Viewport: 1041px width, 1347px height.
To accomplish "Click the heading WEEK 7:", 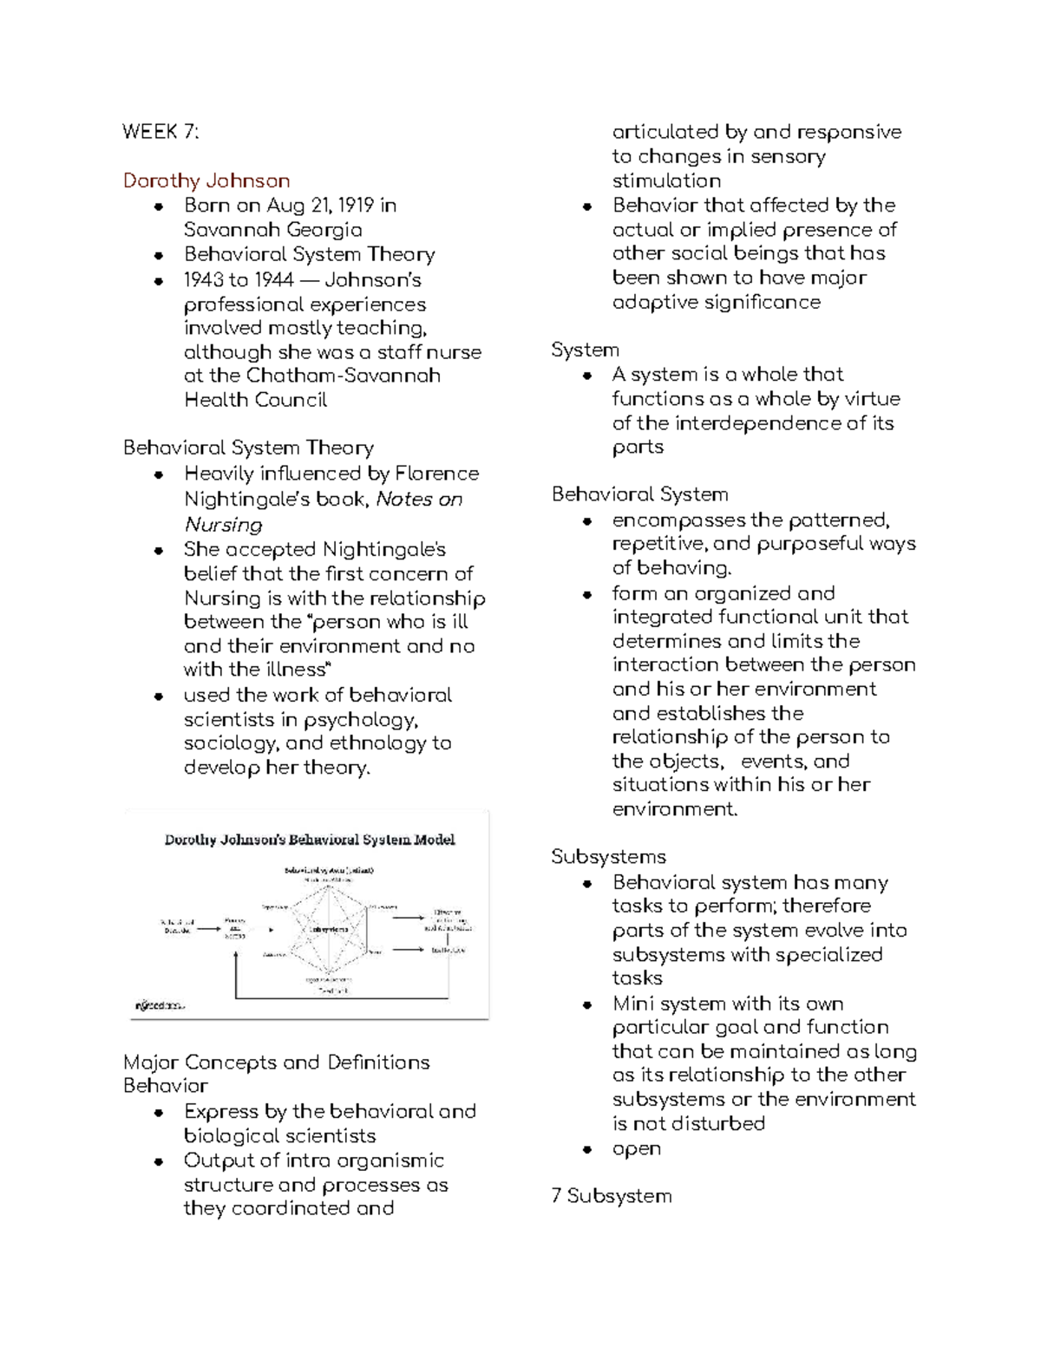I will [x=160, y=132].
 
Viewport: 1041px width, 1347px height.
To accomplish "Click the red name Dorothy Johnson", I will [x=206, y=180].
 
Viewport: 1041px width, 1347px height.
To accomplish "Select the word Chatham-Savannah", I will [x=343, y=376].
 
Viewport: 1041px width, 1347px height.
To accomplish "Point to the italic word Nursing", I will [x=223, y=525].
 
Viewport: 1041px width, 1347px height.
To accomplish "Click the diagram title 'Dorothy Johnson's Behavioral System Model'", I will [x=310, y=840].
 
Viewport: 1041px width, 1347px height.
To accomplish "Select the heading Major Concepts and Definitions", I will [x=277, y=1063].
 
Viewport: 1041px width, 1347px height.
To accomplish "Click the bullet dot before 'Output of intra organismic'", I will [x=159, y=1161].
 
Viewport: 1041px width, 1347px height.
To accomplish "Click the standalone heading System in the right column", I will [x=585, y=350].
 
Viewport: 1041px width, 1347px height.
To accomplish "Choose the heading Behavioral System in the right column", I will [x=639, y=494].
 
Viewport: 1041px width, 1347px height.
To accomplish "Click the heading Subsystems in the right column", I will [x=608, y=857].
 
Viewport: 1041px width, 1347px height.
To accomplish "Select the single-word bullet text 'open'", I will [x=636, y=1148].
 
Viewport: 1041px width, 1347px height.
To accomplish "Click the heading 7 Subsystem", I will [x=611, y=1196].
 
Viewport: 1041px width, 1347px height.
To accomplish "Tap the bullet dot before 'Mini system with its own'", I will [x=587, y=1004].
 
